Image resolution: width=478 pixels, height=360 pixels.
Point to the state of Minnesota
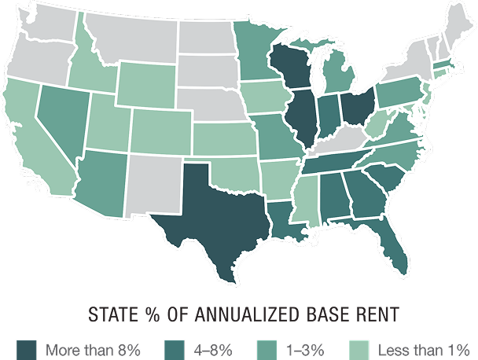coord(252,55)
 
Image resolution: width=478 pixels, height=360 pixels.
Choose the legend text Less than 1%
coord(424,347)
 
